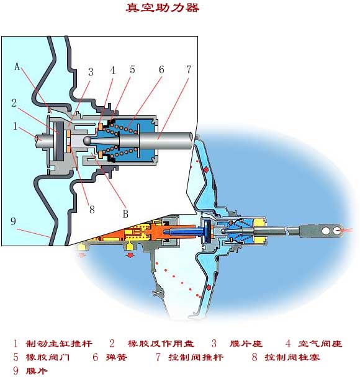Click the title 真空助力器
pyautogui.click(x=163, y=7)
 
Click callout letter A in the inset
pyautogui.click(x=17, y=66)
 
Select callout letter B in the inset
pyautogui.click(x=125, y=213)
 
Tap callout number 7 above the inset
pyautogui.click(x=189, y=69)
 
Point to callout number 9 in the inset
pyautogui.click(x=13, y=221)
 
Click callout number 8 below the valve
pyautogui.click(x=92, y=209)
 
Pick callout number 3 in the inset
pyautogui.click(x=91, y=72)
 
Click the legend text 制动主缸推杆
pyautogui.click(x=59, y=344)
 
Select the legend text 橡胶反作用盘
pyautogui.click(x=161, y=344)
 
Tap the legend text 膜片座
pyautogui.click(x=246, y=344)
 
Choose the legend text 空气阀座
pyautogui.click(x=320, y=344)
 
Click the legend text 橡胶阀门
pyautogui.click(x=48, y=357)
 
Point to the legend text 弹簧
pyautogui.click(x=116, y=357)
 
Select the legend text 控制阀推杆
pyautogui.click(x=196, y=357)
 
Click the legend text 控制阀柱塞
pyautogui.click(x=292, y=357)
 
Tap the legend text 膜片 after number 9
pyautogui.click(x=37, y=371)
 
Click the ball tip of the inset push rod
pyautogui.click(x=87, y=140)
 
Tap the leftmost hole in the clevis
pyautogui.click(x=326, y=231)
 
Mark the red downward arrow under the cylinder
pyautogui.click(x=129, y=255)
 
